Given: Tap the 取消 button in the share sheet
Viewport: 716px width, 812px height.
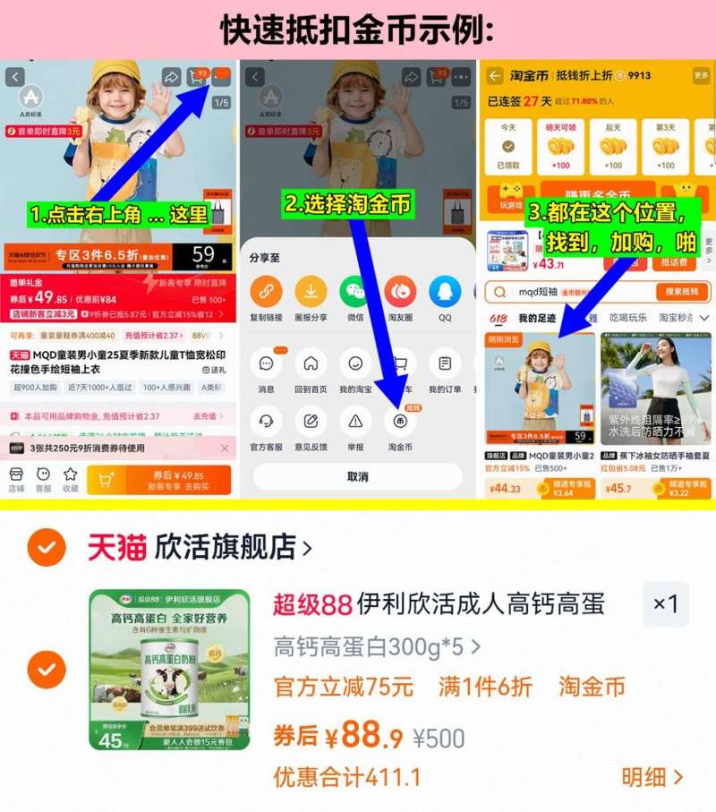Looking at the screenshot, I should (357, 476).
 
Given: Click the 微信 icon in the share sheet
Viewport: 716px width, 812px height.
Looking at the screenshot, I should (354, 291).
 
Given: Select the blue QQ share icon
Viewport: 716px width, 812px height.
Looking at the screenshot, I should (444, 291).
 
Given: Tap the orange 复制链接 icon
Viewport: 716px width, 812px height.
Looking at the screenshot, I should (266, 291).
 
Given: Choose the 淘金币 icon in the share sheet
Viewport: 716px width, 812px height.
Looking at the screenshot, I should (399, 420).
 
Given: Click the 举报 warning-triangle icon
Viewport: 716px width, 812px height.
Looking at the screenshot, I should (355, 420).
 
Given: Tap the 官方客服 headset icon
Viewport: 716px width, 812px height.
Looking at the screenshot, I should (266, 420).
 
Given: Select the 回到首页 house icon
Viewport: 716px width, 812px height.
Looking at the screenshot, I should (310, 364).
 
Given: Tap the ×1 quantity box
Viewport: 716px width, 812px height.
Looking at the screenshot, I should (666, 604).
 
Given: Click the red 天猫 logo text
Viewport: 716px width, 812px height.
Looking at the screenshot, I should (116, 547).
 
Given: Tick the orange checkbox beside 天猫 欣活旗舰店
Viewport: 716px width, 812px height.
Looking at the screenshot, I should (47, 547).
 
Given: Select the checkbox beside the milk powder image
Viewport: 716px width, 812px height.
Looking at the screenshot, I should (47, 669).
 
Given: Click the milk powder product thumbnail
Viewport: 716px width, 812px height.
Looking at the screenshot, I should (169, 669).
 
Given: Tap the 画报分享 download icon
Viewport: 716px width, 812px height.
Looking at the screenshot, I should (311, 291).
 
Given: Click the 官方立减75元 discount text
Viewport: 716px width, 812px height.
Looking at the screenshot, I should (344, 687).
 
